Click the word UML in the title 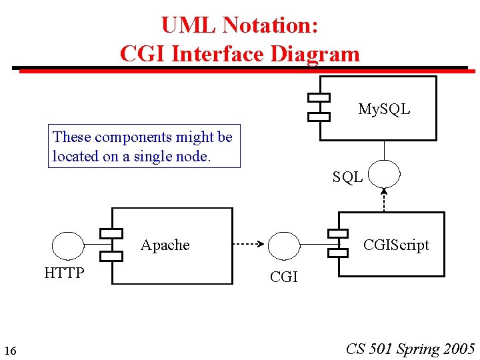point(189,25)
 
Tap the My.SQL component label point(384,109)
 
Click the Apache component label point(165,245)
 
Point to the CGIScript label point(396,245)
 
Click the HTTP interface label point(64,273)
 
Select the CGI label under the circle point(284,277)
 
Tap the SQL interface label point(348,177)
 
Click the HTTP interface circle point(68,245)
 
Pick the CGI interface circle point(284,245)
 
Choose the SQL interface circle point(384,173)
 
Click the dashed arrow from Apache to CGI point(249,245)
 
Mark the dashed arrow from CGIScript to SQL point(384,199)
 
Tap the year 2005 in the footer point(459,349)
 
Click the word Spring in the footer point(418,349)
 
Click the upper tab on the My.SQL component point(319,97)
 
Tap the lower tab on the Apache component point(111,256)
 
